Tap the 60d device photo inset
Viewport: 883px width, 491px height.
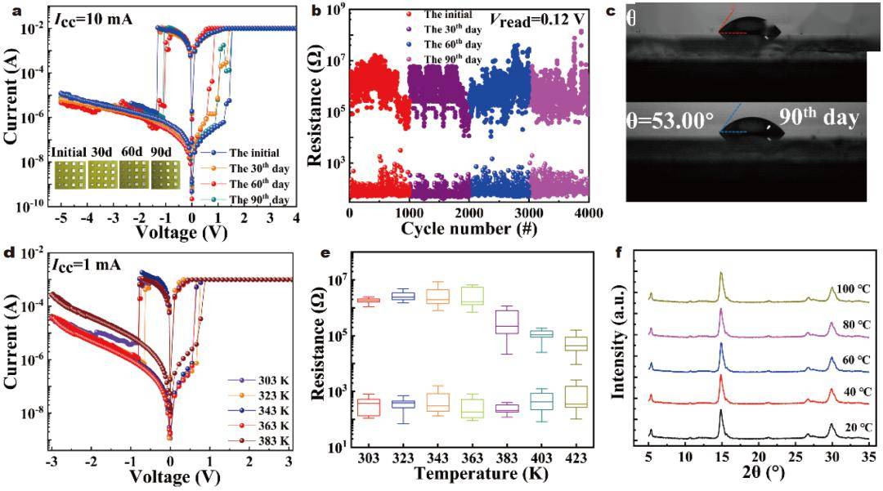[134, 172]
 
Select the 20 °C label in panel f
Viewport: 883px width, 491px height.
[861, 426]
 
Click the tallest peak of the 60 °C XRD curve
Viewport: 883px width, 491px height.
[721, 346]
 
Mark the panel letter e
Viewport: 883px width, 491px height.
[326, 252]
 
